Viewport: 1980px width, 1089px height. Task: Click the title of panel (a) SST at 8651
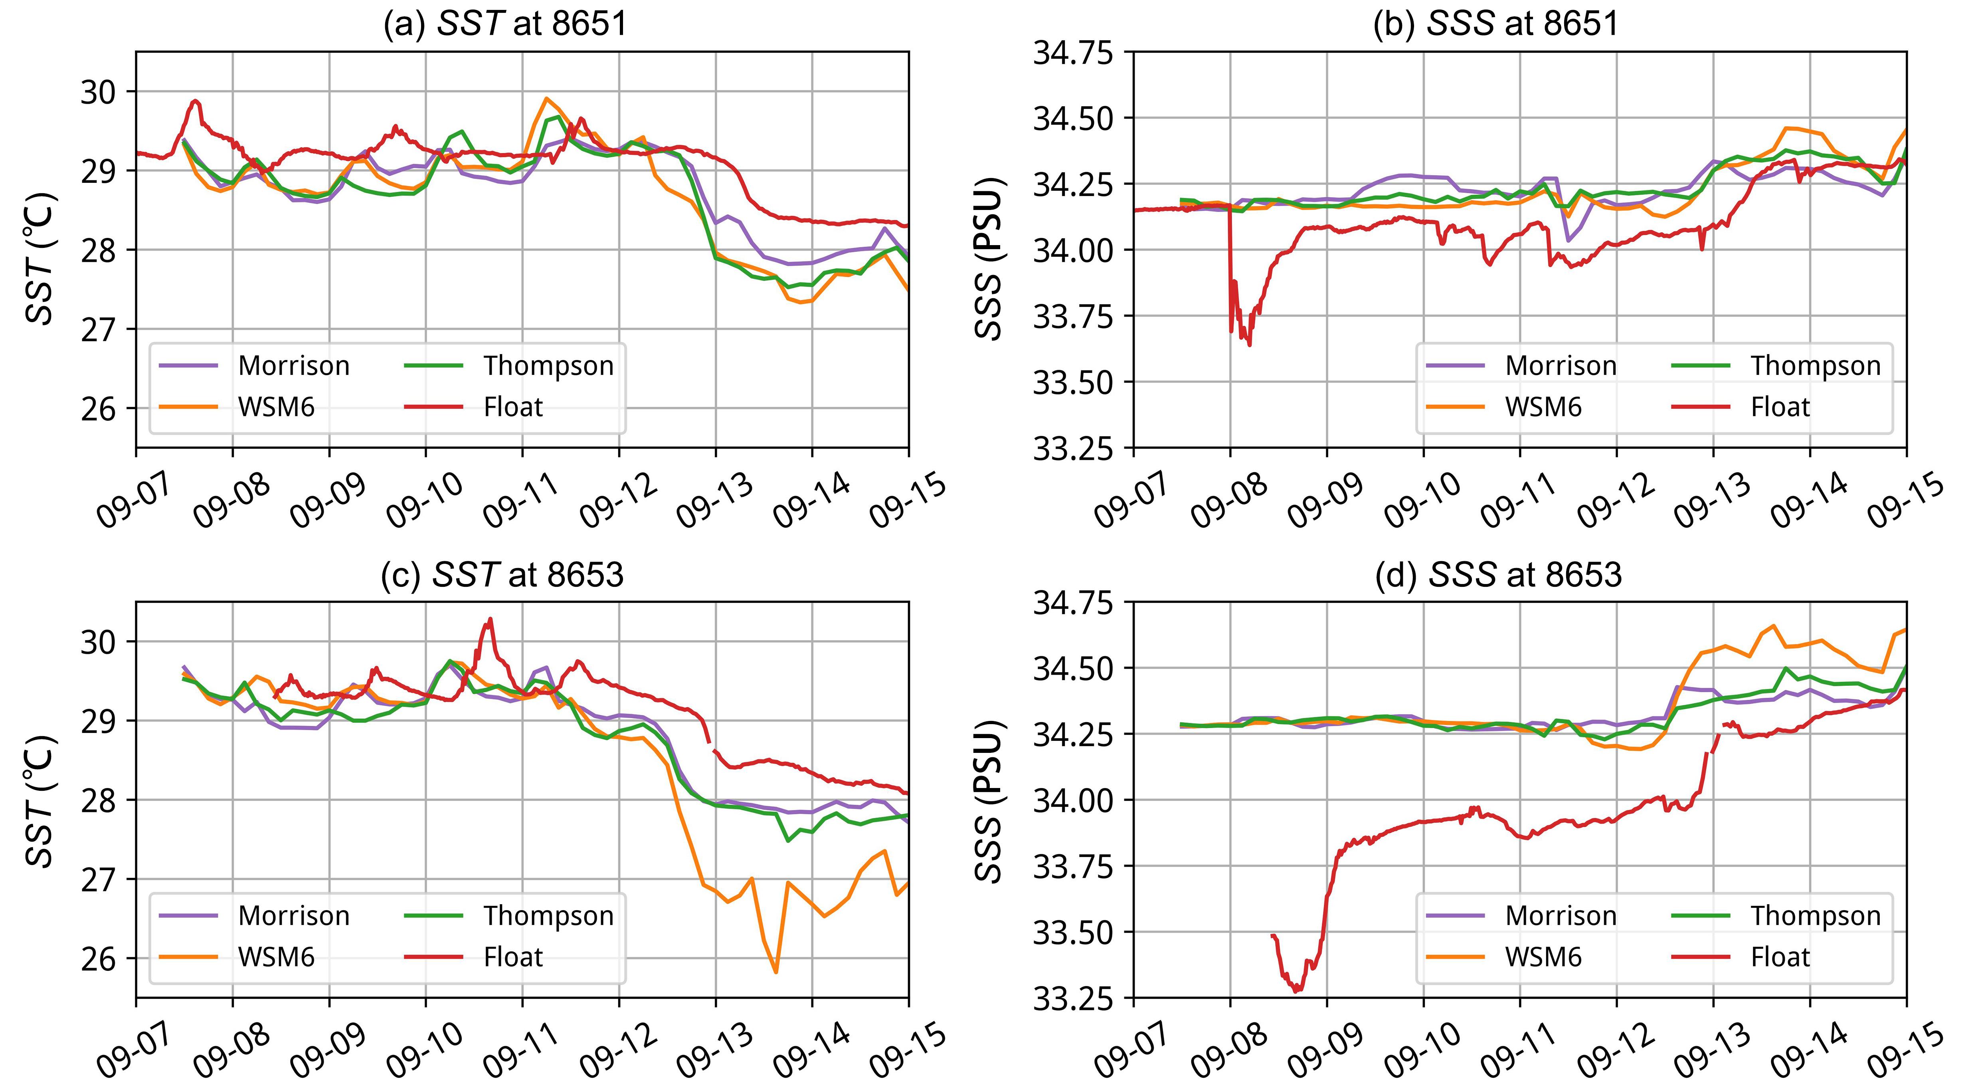pos(505,24)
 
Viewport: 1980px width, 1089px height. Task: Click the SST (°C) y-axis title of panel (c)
pos(40,799)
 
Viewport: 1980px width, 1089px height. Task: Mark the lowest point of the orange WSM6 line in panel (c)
pos(775,972)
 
